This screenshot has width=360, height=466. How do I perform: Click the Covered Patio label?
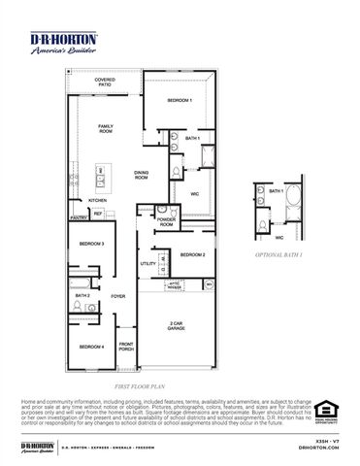104,83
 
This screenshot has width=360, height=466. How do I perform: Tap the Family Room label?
105,129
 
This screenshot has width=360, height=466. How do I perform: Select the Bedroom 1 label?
180,101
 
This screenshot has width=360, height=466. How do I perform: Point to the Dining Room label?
142,176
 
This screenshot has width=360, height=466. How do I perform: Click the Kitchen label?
98,200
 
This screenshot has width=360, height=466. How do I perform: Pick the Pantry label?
78,219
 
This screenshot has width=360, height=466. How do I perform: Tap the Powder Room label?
166,222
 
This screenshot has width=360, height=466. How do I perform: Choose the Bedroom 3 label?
91,244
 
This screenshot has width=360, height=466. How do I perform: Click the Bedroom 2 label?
191,254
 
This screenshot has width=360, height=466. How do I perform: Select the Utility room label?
147,263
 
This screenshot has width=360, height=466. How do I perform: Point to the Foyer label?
117,296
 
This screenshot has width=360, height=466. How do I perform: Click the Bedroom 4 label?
91,345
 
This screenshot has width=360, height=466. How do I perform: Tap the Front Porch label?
126,347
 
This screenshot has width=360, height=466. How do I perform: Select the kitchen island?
102,176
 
